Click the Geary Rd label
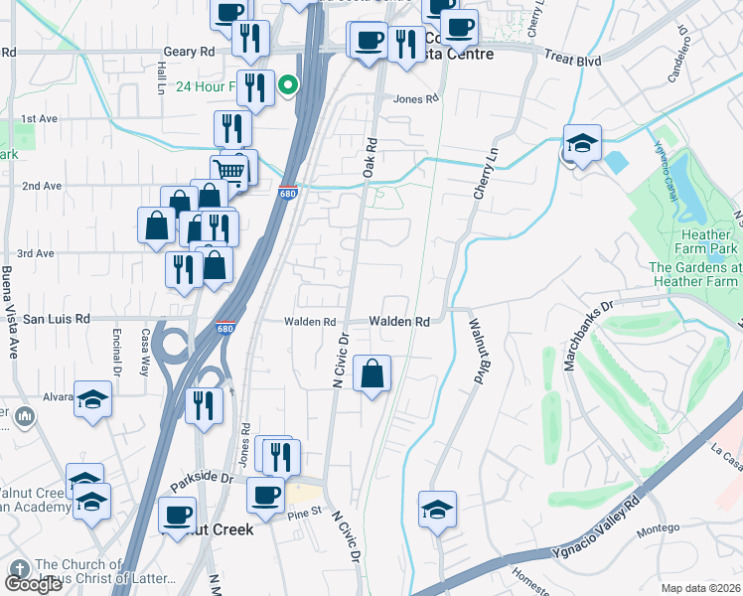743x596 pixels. (192, 50)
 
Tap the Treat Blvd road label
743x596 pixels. (573, 60)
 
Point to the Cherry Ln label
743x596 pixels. (482, 175)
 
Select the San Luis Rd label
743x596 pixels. (57, 319)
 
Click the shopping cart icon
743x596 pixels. (229, 171)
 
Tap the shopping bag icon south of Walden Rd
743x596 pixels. (371, 374)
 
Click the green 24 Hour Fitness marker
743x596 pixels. (288, 85)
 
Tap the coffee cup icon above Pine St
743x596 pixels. (264, 496)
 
